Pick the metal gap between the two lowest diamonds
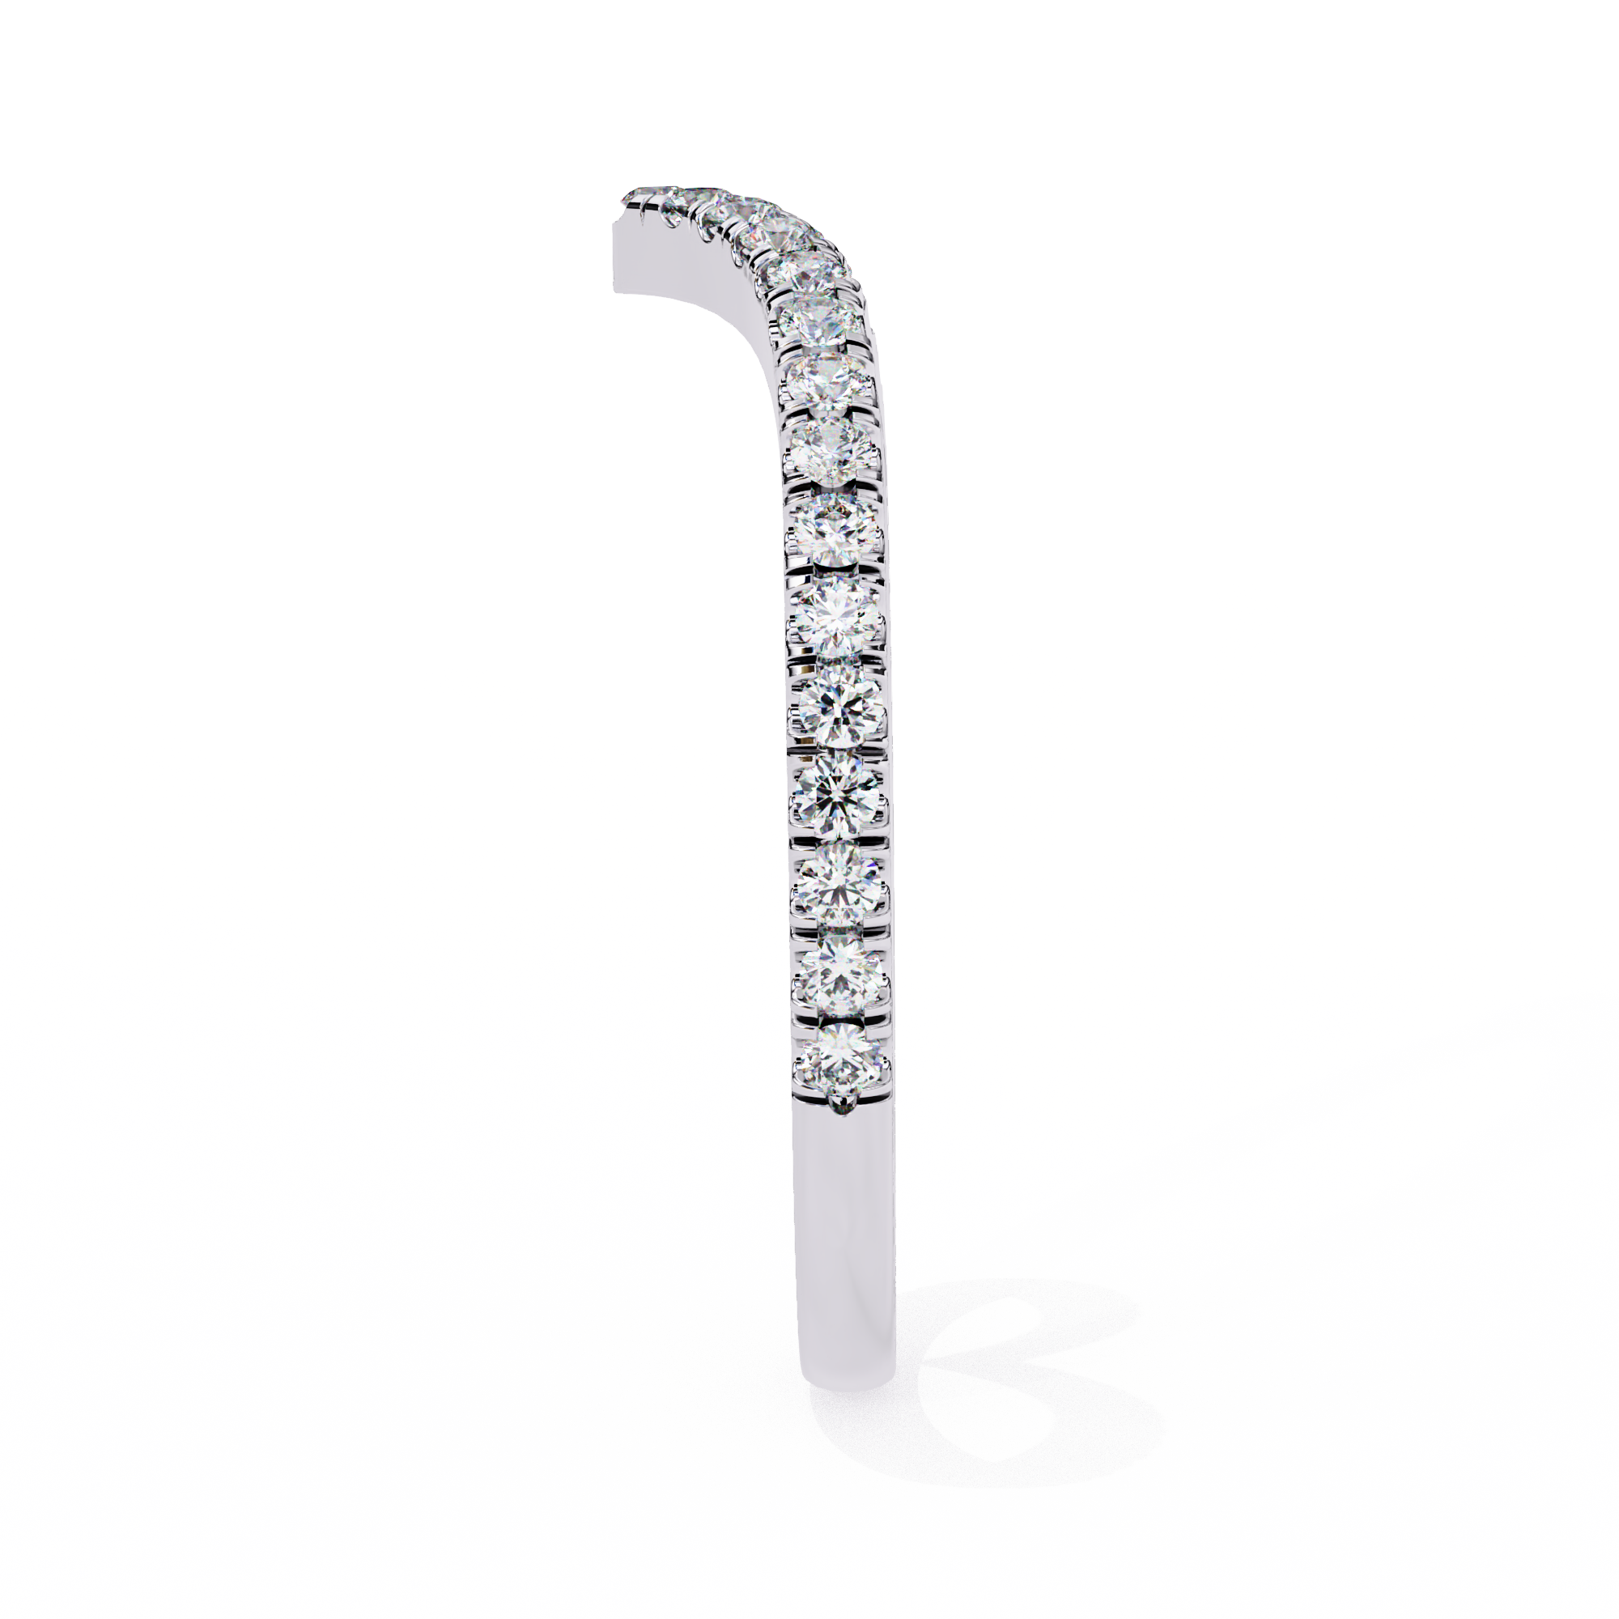(x=840, y=1017)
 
